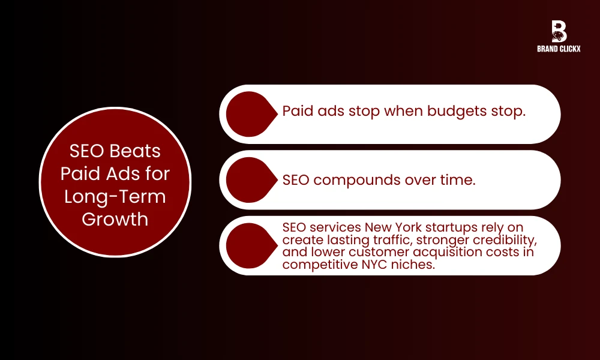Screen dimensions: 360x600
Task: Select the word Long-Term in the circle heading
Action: coord(115,196)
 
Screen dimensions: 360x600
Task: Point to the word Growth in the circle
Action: coord(115,219)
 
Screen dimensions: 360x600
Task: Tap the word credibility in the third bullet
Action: coord(502,240)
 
